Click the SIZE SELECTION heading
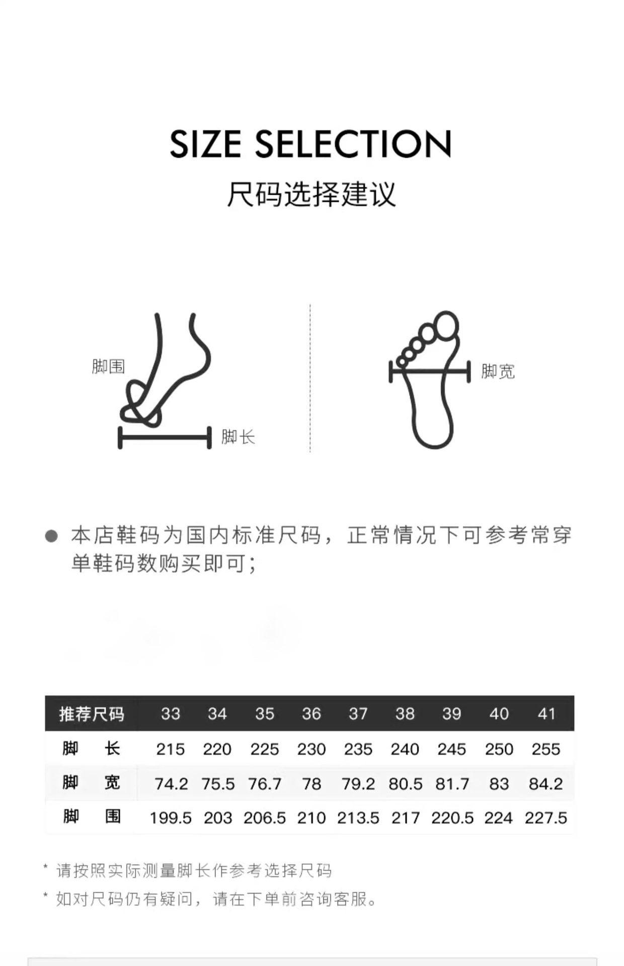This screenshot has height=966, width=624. click(310, 144)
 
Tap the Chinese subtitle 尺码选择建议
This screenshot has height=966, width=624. click(311, 194)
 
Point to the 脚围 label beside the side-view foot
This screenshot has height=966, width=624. click(108, 366)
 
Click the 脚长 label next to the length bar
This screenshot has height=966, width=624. click(238, 437)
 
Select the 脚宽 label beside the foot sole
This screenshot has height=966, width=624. click(498, 372)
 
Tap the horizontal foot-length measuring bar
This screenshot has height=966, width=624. click(165, 437)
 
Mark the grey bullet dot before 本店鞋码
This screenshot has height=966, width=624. click(51, 536)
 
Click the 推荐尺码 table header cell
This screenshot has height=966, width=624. click(91, 714)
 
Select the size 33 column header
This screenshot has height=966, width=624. click(171, 714)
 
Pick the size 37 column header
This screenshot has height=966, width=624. click(358, 714)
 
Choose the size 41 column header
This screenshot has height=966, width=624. click(546, 714)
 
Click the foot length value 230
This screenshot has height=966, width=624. click(311, 749)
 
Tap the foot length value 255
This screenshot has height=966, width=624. click(546, 749)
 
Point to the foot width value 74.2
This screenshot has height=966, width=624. click(171, 784)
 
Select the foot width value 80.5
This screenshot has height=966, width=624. click(406, 784)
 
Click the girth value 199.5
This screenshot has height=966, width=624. click(171, 818)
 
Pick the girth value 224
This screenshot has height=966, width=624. click(499, 818)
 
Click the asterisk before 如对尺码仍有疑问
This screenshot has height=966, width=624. click(46, 895)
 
